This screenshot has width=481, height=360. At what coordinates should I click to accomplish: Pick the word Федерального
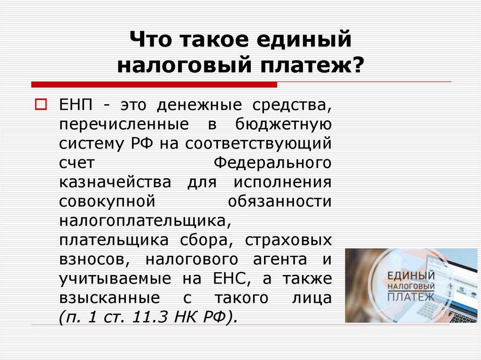point(273,162)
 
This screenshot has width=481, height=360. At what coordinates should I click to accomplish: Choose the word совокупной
point(107,201)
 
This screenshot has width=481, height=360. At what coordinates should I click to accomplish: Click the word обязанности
point(280,201)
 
